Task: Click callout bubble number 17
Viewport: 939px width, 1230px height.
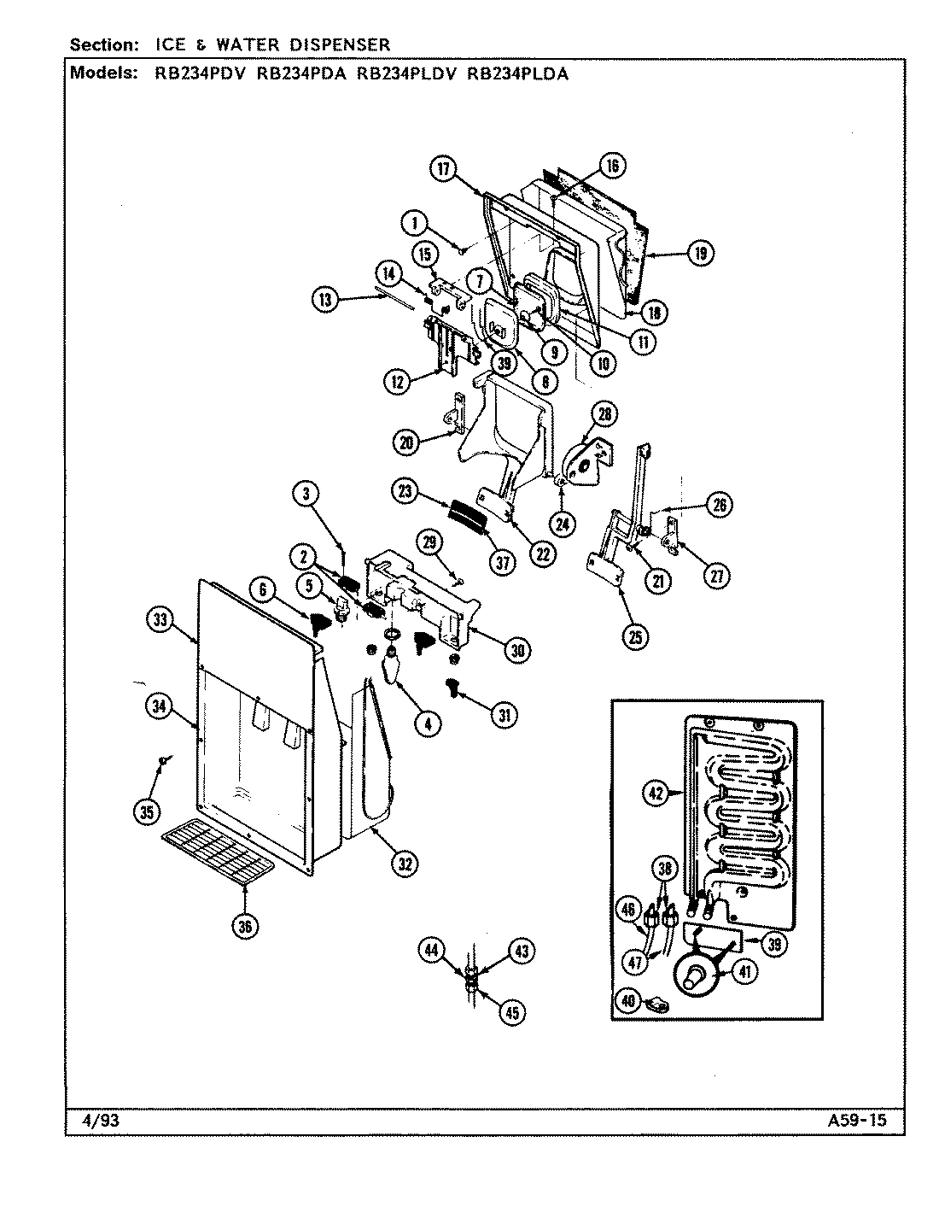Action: [445, 168]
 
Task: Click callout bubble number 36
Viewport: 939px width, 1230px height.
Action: [245, 927]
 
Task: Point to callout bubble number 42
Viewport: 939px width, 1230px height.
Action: [655, 793]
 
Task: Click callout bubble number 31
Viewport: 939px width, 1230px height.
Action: [504, 715]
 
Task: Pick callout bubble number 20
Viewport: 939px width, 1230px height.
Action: [407, 442]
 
